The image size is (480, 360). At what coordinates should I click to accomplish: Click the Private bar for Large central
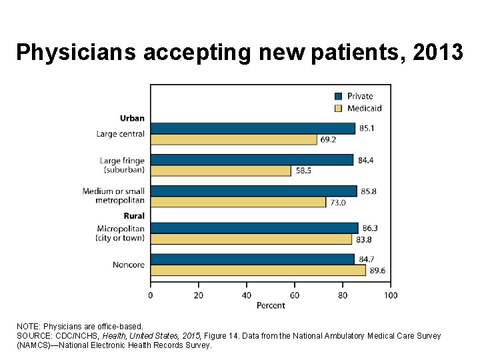[x=252, y=129]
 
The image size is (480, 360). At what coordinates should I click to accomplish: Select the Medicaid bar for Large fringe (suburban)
[x=221, y=171]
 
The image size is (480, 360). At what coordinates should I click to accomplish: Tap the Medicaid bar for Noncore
[x=258, y=270]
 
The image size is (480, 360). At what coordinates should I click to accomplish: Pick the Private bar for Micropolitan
[x=254, y=228]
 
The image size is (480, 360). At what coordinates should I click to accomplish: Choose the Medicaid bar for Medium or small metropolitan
[x=238, y=202]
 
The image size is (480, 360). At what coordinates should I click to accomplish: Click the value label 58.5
[x=303, y=171]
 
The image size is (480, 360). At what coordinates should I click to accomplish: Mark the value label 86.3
[x=370, y=229]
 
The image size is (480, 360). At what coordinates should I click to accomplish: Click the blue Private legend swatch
[x=338, y=96]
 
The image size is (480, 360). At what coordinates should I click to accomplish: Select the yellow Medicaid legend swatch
[x=338, y=108]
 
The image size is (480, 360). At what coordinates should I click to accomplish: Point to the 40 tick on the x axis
[x=247, y=295]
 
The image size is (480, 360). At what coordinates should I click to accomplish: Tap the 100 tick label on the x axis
[x=391, y=295]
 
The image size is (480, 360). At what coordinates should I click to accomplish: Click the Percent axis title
[x=271, y=305]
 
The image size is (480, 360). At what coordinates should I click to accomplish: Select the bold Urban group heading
[x=132, y=119]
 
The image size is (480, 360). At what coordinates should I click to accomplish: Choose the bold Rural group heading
[x=133, y=216]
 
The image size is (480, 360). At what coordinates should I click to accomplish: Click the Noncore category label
[x=129, y=265]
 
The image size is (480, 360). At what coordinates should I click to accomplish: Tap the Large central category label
[x=120, y=134]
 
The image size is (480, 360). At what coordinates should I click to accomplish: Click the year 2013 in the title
[x=437, y=52]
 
